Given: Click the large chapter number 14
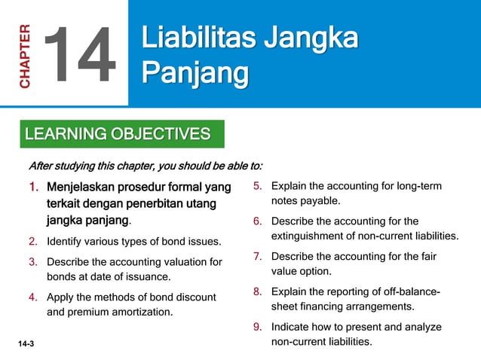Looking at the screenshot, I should (80, 53).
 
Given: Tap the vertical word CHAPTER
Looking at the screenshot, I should (25, 56).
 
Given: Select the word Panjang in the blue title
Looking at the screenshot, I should (195, 75).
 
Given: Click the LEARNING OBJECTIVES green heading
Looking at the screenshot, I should (118, 135).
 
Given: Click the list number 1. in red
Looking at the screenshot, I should (34, 186).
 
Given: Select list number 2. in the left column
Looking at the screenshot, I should (33, 242).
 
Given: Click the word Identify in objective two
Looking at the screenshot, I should (68, 242).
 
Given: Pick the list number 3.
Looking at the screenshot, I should (33, 262).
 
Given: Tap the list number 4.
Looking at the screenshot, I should (33, 297).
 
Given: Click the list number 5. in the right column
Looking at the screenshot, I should (257, 186).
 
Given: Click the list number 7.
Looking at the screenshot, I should (257, 256).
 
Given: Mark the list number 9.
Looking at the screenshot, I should (257, 327).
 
